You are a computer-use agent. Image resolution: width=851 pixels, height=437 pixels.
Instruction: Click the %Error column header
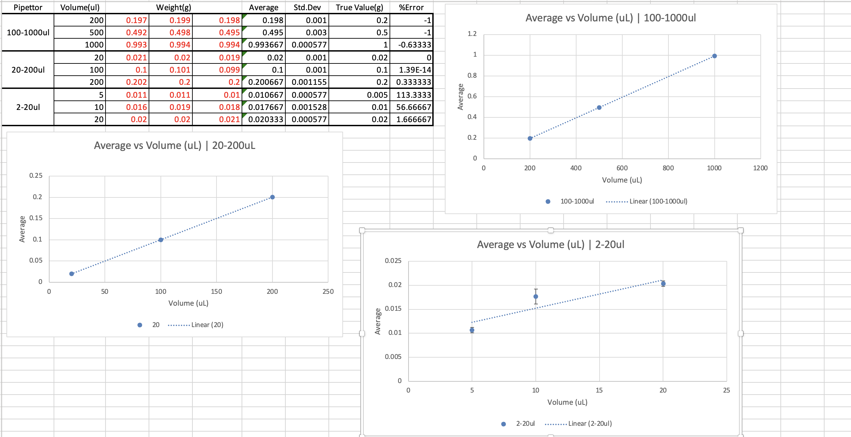click(411, 7)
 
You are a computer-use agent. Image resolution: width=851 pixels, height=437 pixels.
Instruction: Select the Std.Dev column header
click(307, 7)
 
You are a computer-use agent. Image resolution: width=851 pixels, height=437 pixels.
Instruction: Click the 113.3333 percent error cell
click(413, 95)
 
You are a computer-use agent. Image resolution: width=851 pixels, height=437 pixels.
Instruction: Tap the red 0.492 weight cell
click(136, 33)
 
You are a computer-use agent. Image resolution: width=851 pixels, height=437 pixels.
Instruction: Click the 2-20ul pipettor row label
click(28, 107)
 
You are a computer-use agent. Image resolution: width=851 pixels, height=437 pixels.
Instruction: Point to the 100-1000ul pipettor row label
click(28, 33)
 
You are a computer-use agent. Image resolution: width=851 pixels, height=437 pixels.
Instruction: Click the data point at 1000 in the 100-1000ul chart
click(714, 56)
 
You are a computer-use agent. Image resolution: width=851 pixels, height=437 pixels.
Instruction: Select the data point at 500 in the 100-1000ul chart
click(599, 108)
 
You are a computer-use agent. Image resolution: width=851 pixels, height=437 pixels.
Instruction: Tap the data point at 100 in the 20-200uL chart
click(161, 240)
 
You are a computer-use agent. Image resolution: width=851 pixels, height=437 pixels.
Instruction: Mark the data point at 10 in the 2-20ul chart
click(535, 297)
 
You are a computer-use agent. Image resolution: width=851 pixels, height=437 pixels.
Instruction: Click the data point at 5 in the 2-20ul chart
click(472, 330)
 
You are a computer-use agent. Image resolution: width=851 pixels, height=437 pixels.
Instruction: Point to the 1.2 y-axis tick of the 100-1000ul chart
click(472, 34)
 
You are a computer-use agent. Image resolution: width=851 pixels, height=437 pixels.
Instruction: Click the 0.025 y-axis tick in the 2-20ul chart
click(393, 261)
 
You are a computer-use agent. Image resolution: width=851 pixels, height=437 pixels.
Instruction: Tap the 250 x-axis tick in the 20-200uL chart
click(328, 291)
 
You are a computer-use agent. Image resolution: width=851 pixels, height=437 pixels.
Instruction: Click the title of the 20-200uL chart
click(174, 146)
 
